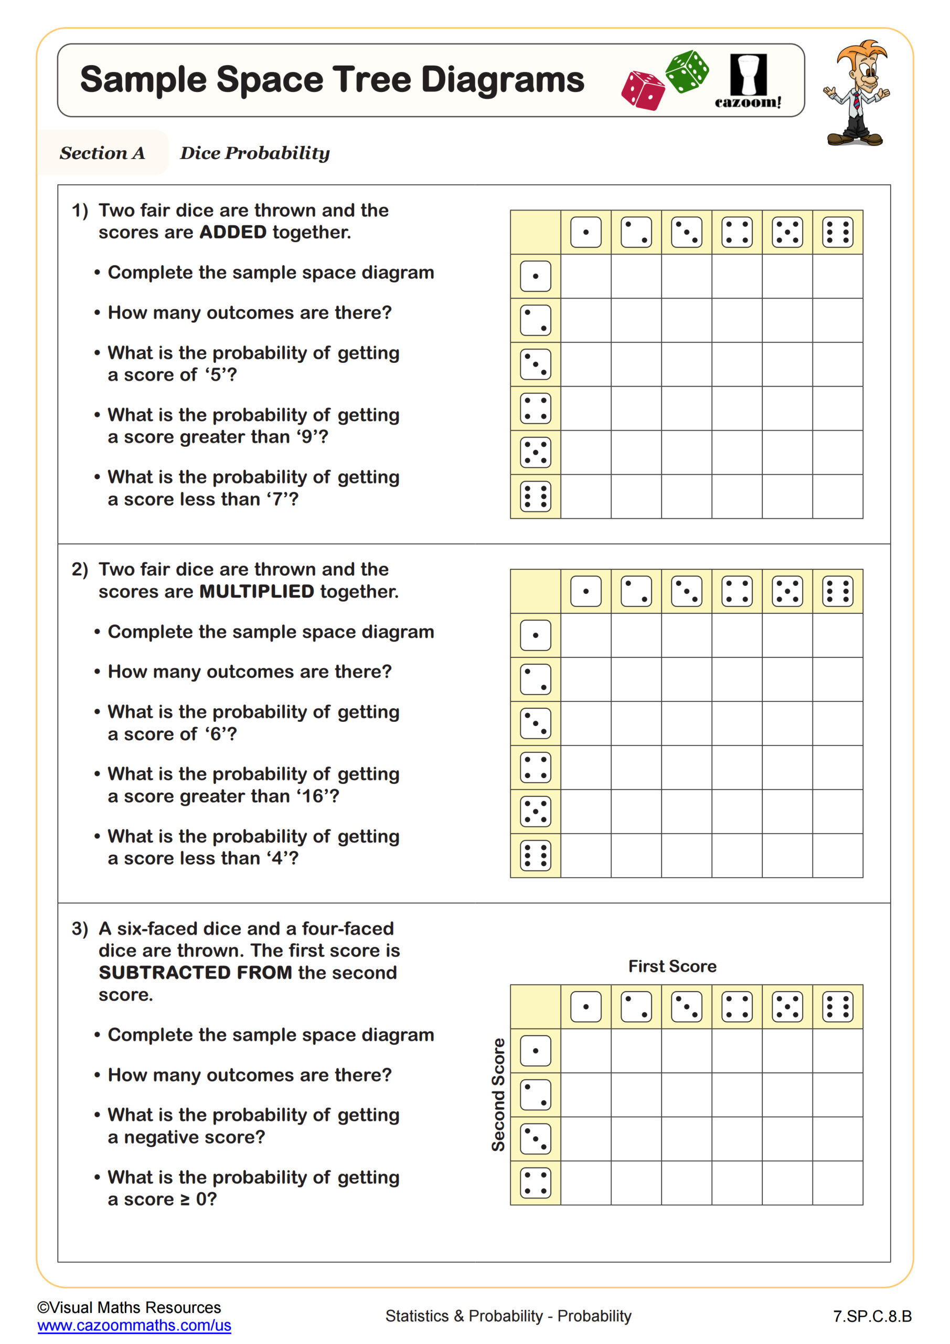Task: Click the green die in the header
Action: point(687,71)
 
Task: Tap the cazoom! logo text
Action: point(748,102)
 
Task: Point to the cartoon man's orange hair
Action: point(860,52)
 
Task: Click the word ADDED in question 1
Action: point(233,233)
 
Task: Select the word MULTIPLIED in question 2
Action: point(257,591)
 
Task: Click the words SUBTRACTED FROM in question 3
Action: point(195,972)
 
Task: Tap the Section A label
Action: point(102,153)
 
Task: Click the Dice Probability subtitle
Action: point(254,153)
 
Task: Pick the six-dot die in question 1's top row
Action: point(837,233)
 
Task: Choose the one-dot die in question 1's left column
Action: point(535,276)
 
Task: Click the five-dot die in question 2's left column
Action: point(535,811)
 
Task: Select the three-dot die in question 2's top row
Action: point(686,591)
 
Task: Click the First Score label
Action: point(672,967)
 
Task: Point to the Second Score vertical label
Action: point(498,1095)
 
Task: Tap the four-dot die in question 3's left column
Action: point(535,1183)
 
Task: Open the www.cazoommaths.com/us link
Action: point(134,1325)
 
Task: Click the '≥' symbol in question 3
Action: point(185,1200)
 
